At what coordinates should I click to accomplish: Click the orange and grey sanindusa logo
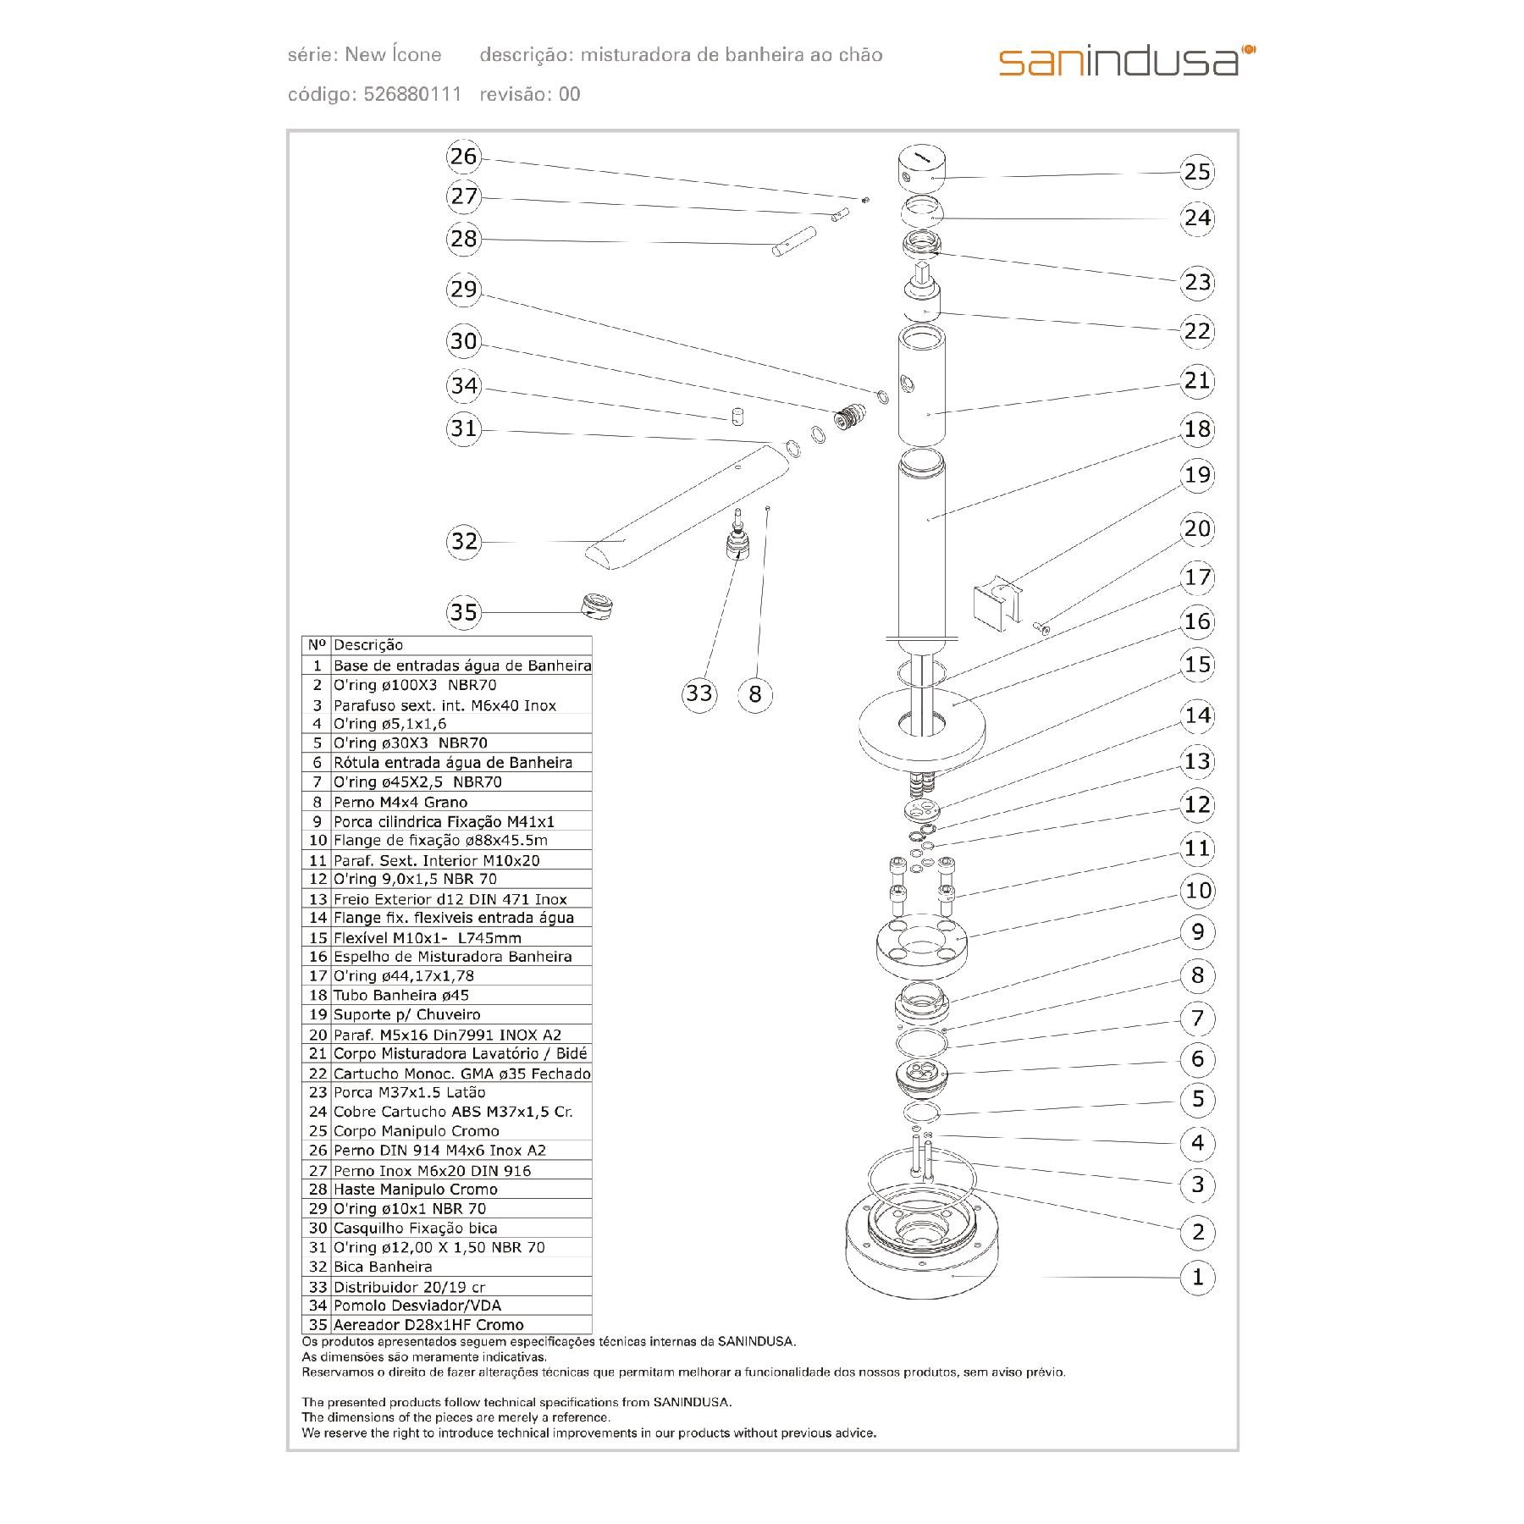coord(1127,60)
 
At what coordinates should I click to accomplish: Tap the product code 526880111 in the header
coord(412,94)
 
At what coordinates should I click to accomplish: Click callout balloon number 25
coord(1197,172)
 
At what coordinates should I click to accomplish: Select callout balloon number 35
coord(464,611)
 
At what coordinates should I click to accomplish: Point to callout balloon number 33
coord(699,693)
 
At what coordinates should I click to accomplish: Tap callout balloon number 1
coord(1197,1277)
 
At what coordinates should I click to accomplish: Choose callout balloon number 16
coord(1197,621)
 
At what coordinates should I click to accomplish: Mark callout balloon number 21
coord(1197,380)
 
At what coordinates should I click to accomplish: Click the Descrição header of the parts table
coord(368,645)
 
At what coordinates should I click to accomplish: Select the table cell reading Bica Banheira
coord(383,1267)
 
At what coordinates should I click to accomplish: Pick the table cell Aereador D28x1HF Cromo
coord(428,1325)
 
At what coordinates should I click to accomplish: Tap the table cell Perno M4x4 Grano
coord(400,802)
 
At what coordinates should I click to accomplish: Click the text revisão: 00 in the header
coord(530,94)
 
